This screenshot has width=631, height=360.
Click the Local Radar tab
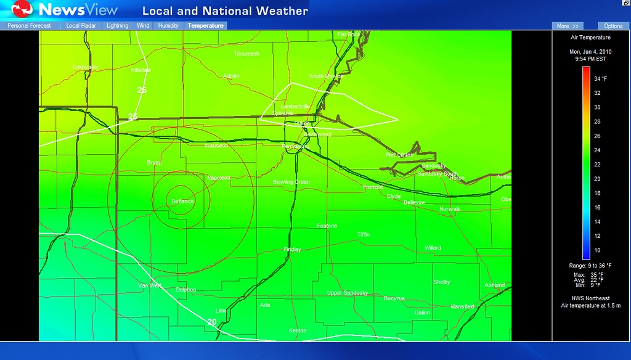click(81, 26)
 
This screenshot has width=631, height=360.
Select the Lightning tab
click(117, 26)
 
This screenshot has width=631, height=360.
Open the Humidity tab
click(168, 26)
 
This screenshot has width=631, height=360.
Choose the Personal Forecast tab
click(30, 26)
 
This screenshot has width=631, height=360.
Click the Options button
click(613, 26)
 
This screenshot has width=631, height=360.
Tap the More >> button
click(567, 26)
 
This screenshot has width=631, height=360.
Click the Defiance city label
click(182, 202)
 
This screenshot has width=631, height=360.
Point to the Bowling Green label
click(291, 182)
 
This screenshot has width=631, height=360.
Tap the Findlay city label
click(292, 250)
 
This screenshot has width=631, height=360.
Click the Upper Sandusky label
click(348, 293)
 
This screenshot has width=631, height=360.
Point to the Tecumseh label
click(246, 54)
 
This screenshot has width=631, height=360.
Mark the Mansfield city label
click(462, 306)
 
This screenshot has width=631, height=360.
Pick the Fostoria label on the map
click(327, 226)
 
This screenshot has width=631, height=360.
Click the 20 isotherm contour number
click(212, 322)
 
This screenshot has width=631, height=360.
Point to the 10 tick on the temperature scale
click(596, 250)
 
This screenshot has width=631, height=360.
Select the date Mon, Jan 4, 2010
click(590, 52)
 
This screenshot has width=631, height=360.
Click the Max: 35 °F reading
click(588, 274)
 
